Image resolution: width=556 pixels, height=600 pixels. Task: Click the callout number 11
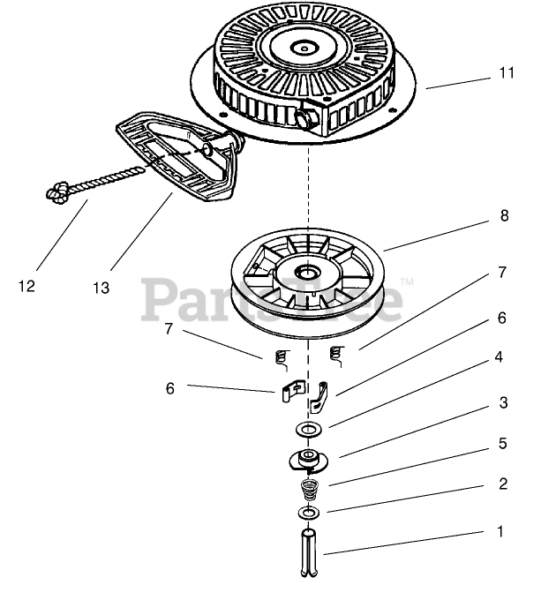(x=506, y=74)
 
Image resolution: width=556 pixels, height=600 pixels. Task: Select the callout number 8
(x=504, y=215)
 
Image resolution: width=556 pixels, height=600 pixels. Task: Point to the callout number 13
(x=103, y=288)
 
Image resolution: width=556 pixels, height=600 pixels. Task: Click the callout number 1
(x=501, y=532)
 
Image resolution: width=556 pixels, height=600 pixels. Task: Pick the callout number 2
(x=502, y=484)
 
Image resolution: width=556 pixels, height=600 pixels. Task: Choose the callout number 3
(x=502, y=402)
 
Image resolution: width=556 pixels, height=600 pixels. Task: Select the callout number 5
(x=502, y=443)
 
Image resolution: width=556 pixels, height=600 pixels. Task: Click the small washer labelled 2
(x=308, y=513)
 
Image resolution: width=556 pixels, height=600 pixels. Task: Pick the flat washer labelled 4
(x=309, y=430)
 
